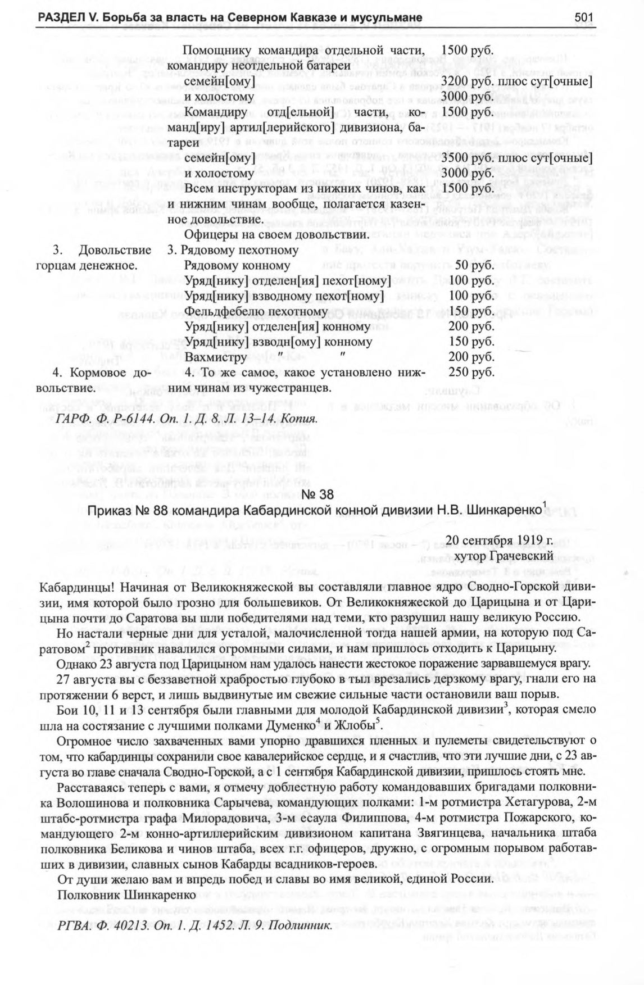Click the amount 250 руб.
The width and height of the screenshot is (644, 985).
[x=471, y=372]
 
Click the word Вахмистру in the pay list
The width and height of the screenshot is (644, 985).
[x=215, y=357]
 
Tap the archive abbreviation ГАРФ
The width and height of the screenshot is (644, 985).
[x=72, y=419]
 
